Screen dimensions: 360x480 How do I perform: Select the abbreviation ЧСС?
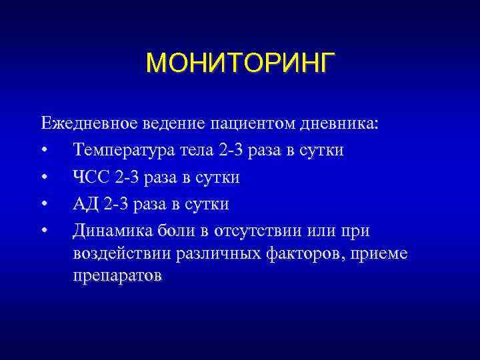[91, 177]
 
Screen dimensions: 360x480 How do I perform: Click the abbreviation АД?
[85, 204]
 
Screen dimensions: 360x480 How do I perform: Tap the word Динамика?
[113, 231]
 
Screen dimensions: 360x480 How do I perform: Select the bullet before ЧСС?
[44, 178]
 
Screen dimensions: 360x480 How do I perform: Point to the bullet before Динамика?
[44, 231]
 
